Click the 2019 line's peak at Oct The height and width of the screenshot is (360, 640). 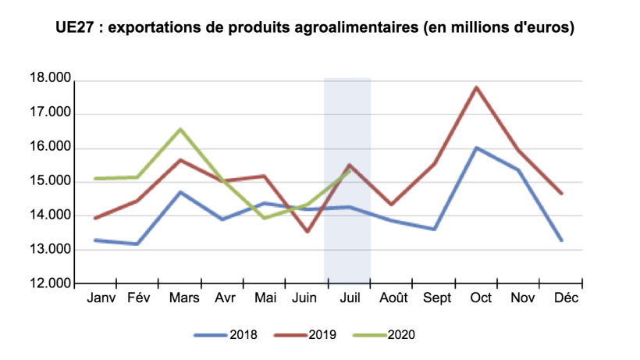pyautogui.click(x=475, y=87)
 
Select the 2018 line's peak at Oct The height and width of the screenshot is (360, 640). pyautogui.click(x=475, y=148)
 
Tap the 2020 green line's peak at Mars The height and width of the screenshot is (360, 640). pyautogui.click(x=180, y=129)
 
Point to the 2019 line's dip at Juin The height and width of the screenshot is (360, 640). pyautogui.click(x=307, y=231)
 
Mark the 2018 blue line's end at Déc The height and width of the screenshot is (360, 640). pyautogui.click(x=560, y=241)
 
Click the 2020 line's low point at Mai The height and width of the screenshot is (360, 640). pyautogui.click(x=265, y=218)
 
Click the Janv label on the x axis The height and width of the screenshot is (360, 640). pyautogui.click(x=101, y=298)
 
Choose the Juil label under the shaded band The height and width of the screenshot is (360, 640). pyautogui.click(x=348, y=298)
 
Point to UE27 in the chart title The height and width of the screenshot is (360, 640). pyautogui.click(x=76, y=29)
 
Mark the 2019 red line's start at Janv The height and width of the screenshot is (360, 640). pyautogui.click(x=95, y=218)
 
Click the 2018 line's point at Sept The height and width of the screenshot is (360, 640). pyautogui.click(x=433, y=229)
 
